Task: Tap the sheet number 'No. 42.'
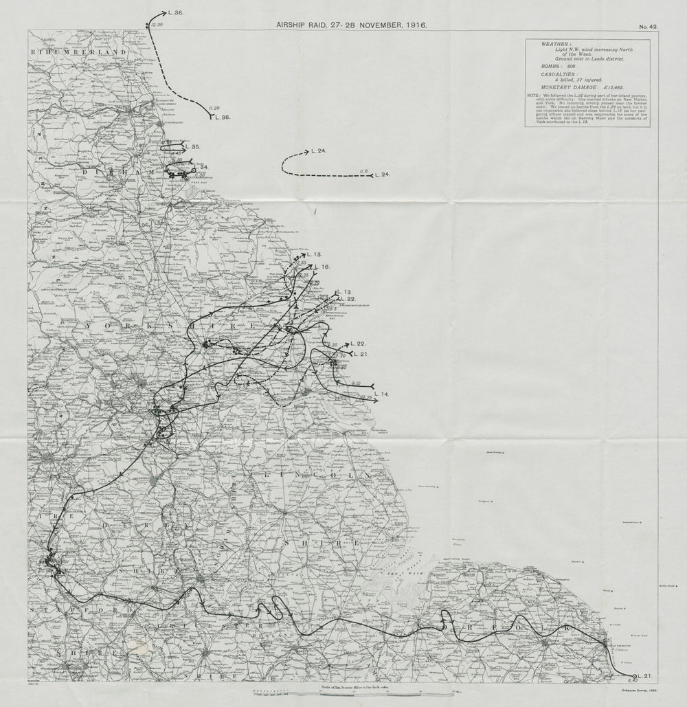click(648, 26)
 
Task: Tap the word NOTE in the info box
click(533, 95)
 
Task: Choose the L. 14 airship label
click(382, 394)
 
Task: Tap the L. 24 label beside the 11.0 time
click(383, 175)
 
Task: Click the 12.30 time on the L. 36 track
click(157, 25)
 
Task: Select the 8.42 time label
click(633, 685)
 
